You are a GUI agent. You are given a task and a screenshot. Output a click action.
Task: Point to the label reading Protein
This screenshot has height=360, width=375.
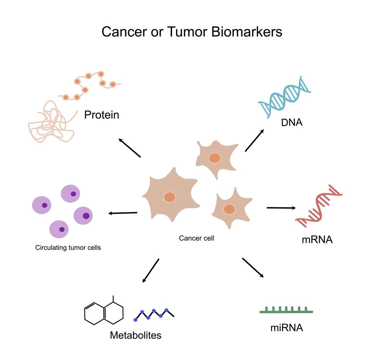(x=102, y=115)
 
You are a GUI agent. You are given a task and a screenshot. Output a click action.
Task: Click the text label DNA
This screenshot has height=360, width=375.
(x=292, y=123)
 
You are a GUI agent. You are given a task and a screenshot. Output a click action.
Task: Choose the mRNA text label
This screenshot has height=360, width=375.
(x=317, y=240)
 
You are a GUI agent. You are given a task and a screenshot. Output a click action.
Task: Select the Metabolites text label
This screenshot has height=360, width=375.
(x=136, y=335)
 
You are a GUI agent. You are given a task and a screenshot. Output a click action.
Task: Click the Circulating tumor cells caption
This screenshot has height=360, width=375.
(x=68, y=248)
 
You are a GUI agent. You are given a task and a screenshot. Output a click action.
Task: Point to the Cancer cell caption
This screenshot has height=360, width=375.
(x=196, y=238)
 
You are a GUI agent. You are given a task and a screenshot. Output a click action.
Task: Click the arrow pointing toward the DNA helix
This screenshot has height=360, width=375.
(x=255, y=140)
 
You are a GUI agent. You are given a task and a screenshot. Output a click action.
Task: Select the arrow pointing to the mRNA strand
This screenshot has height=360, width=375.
(x=281, y=208)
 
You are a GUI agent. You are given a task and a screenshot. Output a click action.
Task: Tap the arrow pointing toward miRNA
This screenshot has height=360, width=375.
(x=253, y=268)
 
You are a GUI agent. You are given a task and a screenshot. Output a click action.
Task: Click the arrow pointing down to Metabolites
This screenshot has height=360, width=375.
(x=151, y=271)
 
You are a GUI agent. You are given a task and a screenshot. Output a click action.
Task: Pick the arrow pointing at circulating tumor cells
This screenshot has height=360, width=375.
(x=123, y=213)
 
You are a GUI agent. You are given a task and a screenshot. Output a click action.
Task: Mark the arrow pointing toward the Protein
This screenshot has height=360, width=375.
(x=130, y=148)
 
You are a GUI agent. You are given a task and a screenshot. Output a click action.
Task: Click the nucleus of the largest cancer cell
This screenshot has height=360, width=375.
(x=170, y=197)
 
